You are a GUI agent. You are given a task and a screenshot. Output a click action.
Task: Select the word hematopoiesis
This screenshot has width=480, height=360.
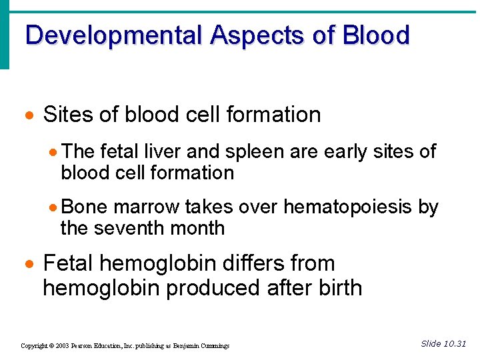click(347, 207)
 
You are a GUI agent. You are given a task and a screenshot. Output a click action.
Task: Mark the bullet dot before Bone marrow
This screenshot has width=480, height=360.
click(55, 207)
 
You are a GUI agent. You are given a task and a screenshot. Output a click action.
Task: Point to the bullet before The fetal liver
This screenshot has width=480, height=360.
click(55, 152)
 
